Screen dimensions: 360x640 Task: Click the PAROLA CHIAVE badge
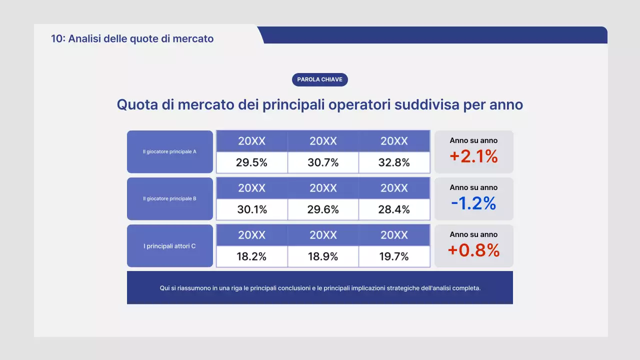[x=319, y=79]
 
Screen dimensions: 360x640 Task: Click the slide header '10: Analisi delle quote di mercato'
[x=132, y=38]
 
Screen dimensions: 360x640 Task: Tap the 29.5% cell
[x=251, y=162]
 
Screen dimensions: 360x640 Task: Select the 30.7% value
[x=323, y=162]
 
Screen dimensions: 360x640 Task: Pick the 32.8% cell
[x=394, y=162]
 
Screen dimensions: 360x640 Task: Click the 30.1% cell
[x=251, y=209]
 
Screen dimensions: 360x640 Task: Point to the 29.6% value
[x=323, y=209]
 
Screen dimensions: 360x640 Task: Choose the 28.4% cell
[x=394, y=209]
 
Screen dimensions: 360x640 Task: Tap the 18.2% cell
[x=251, y=256]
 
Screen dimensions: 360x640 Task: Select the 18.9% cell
[x=323, y=256]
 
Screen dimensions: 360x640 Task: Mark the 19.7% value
[x=394, y=256]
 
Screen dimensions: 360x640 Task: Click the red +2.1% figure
[x=473, y=156]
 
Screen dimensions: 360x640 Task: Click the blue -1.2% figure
[x=473, y=203]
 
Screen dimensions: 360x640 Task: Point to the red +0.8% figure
[x=473, y=250]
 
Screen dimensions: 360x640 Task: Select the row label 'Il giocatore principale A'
[x=170, y=151]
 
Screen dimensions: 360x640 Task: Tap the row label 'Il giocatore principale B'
[x=170, y=198]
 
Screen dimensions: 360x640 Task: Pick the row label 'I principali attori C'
[x=170, y=246]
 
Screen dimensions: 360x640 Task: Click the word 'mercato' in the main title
[x=206, y=105]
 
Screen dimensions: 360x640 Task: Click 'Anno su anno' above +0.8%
[x=473, y=234]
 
